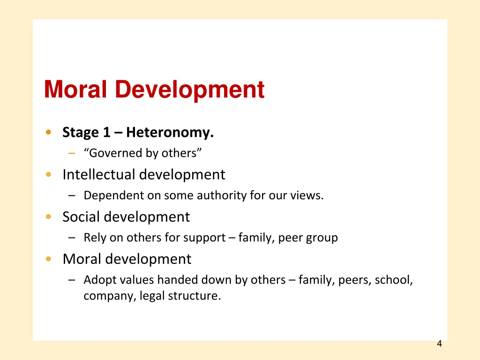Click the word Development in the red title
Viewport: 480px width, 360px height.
click(x=189, y=89)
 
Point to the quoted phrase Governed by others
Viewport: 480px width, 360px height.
click(x=143, y=153)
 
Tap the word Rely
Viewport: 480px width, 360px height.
click(x=95, y=238)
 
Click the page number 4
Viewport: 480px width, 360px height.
click(x=439, y=344)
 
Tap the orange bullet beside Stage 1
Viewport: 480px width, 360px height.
click(x=49, y=133)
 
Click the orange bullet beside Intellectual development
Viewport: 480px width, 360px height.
click(x=49, y=175)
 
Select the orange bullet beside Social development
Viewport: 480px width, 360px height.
click(x=49, y=217)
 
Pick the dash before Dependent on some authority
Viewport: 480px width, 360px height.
click(x=72, y=196)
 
